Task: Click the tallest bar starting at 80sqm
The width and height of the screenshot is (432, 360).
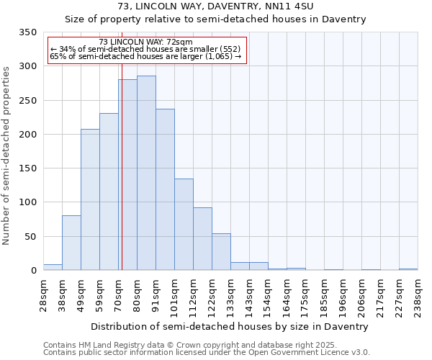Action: [146, 173]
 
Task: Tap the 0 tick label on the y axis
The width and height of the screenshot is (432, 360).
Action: [33, 271]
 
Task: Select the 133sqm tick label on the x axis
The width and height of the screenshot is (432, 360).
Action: [231, 294]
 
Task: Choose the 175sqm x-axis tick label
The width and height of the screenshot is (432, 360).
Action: [306, 294]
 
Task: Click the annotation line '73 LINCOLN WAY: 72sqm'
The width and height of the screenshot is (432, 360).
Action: [145, 42]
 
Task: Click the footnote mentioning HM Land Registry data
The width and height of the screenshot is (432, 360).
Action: [206, 345]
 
